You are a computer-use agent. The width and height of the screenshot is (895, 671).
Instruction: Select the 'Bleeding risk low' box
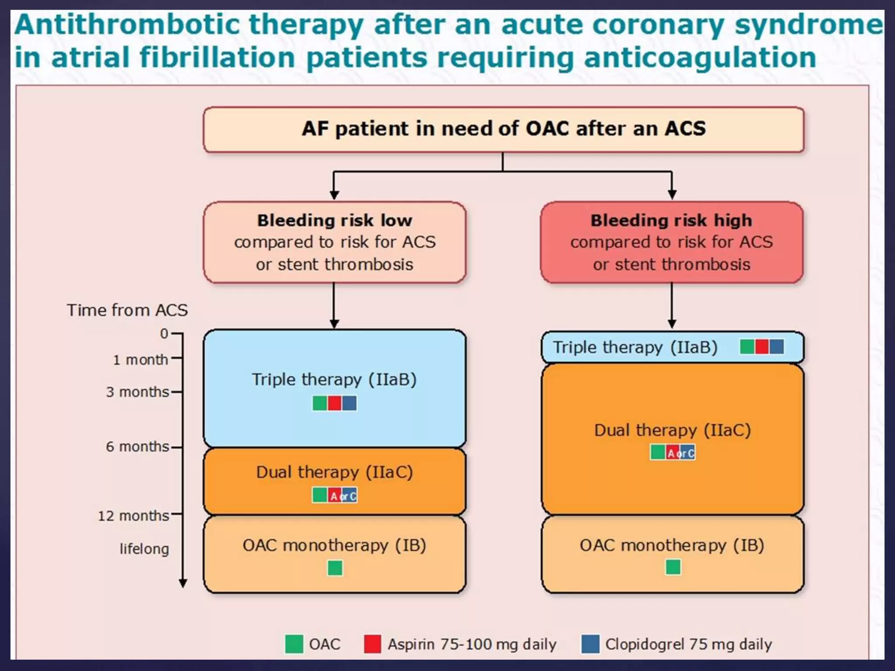coord(335,242)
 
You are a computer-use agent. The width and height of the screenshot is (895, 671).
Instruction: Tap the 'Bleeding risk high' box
coord(672,242)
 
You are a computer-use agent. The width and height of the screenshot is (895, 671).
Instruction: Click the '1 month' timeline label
coord(140,360)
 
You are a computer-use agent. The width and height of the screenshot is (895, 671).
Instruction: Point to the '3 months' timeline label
coord(137,392)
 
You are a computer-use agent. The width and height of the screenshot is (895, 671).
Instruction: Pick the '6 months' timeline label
coord(137,447)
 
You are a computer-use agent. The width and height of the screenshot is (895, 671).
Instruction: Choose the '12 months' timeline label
coord(133,516)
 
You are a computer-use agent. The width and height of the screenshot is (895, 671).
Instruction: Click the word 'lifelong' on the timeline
coord(144,549)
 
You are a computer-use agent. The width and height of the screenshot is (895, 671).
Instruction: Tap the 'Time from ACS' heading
coord(127,310)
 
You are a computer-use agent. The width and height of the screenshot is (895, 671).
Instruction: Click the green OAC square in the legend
coord(294,644)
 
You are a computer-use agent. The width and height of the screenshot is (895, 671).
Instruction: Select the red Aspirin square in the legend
coord(372,644)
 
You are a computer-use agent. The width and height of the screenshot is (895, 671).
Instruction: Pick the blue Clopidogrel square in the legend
coord(590,644)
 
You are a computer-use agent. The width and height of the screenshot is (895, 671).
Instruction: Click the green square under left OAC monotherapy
coord(335,568)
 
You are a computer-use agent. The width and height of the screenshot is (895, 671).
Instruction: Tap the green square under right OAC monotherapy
coord(673,567)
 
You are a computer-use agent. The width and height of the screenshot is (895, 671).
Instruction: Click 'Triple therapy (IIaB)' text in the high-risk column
coord(635,348)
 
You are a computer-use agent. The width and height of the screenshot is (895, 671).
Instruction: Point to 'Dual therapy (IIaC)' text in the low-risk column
coord(334,472)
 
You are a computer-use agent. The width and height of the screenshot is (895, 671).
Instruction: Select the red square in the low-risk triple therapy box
coord(334,403)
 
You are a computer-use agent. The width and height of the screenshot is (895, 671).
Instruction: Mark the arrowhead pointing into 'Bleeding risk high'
coord(672,195)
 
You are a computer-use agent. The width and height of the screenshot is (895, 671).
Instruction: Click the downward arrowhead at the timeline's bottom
coord(183,583)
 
